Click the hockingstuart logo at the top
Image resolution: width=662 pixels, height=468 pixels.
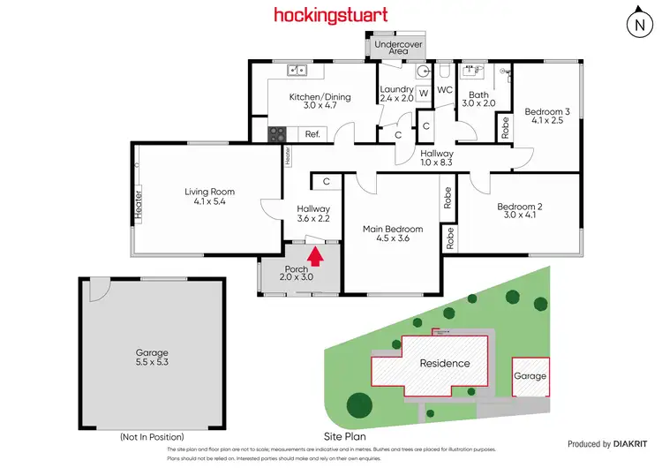tap(330, 15)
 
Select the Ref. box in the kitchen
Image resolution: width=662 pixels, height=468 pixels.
tap(312, 134)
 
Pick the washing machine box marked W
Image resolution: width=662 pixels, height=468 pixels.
tap(423, 93)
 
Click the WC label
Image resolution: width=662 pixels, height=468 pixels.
tap(445, 90)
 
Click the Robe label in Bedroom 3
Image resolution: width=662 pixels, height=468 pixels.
tap(505, 127)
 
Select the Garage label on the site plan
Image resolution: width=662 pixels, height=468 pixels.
tap(530, 375)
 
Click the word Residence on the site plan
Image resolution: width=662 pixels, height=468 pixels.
tap(444, 363)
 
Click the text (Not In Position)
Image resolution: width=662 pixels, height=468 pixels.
tap(152, 437)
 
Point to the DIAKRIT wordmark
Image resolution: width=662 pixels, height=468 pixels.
tap(632, 444)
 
